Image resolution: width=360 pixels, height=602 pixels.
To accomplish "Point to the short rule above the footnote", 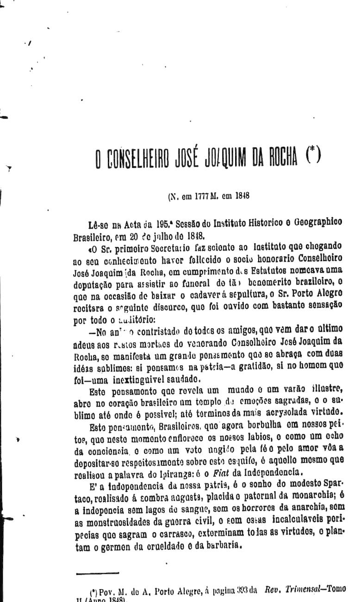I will (x=91, y=573).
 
